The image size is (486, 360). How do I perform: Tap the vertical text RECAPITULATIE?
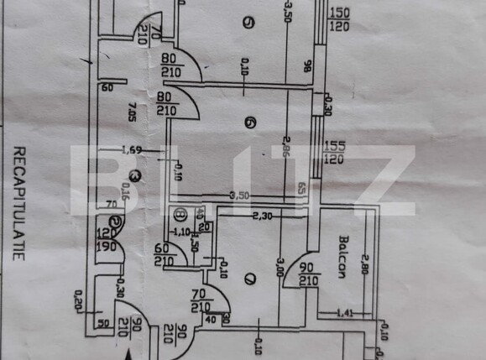pyautogui.click(x=19, y=203)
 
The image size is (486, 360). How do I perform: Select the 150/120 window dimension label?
pyautogui.click(x=339, y=18)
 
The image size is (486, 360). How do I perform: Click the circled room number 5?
pyautogui.click(x=246, y=23)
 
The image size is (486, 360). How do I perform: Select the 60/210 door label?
pyautogui.click(x=165, y=254)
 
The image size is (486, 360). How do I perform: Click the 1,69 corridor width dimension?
pyautogui.click(x=130, y=151)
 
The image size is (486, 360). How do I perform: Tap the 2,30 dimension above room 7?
pyautogui.click(x=264, y=216)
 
